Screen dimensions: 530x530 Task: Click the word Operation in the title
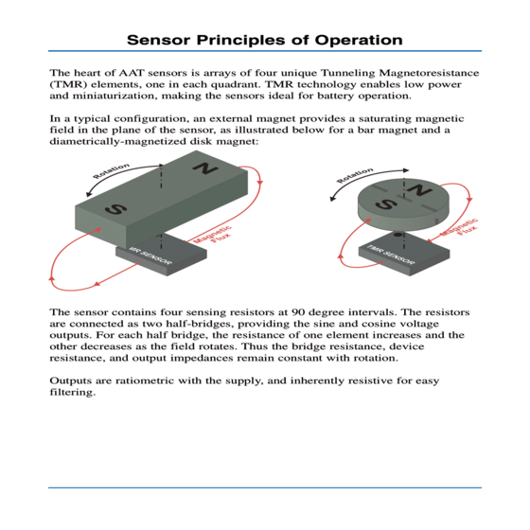coord(359,40)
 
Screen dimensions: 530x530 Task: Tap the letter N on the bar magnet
coord(205,168)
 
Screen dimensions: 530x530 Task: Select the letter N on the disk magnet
coord(419,190)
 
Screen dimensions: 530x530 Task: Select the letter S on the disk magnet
coord(386,204)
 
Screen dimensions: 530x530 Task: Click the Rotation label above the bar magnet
coord(112,170)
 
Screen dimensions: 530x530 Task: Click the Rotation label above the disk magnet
coord(355,175)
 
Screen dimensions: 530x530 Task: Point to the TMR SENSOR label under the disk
coord(390,255)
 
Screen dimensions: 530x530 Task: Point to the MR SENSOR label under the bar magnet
coord(150,256)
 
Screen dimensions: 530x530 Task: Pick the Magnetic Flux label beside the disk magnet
coord(461,228)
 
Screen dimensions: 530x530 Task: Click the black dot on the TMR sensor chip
coord(398,235)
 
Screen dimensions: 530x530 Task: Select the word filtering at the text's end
coord(73,393)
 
